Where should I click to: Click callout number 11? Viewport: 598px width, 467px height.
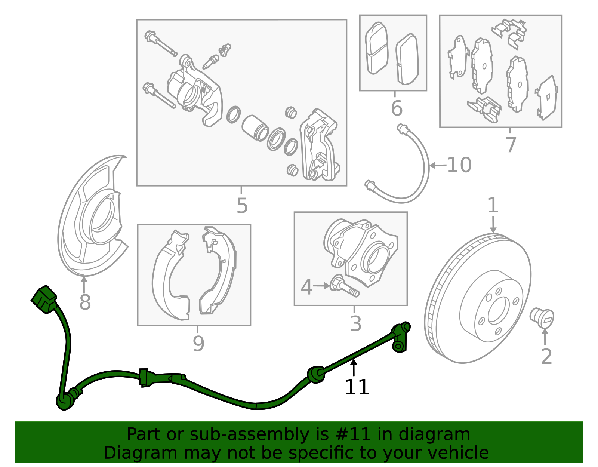coord(357,387)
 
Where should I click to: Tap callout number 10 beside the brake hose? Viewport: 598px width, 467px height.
coord(459,165)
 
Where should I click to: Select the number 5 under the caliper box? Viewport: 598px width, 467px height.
coord(242,206)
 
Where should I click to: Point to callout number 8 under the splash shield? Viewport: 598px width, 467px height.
coord(85,302)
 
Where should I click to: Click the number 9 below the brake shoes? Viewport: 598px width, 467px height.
coord(198,344)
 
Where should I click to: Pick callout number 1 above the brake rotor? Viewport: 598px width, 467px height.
coord(493,206)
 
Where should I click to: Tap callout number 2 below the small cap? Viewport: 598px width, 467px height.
coord(546,356)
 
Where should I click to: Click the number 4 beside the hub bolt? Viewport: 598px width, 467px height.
coord(306,287)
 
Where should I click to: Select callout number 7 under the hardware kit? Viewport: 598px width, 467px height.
coord(511,145)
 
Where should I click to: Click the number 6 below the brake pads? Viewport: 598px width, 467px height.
coord(397,108)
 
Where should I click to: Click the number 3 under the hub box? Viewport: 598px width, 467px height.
coord(355,323)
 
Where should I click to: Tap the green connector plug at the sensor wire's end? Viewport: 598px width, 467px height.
coord(44,299)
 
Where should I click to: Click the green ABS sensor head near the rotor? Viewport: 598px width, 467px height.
coord(401,337)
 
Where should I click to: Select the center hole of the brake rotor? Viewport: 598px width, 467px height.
coord(498,310)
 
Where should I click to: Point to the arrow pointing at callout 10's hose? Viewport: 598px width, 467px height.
coord(437,165)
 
